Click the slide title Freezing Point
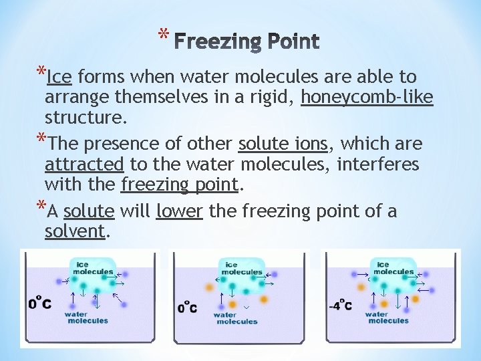(249, 42)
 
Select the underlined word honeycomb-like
(367, 98)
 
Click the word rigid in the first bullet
(273, 98)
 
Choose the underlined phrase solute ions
(282, 144)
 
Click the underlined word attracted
(84, 164)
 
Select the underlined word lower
(179, 211)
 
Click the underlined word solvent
(75, 232)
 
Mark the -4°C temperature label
(341, 306)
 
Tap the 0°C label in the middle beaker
(188, 308)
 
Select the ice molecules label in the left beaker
(92, 268)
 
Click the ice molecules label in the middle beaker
(241, 269)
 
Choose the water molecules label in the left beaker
(86, 317)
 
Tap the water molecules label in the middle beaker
(236, 318)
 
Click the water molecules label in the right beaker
(387, 317)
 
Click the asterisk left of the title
(163, 33)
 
